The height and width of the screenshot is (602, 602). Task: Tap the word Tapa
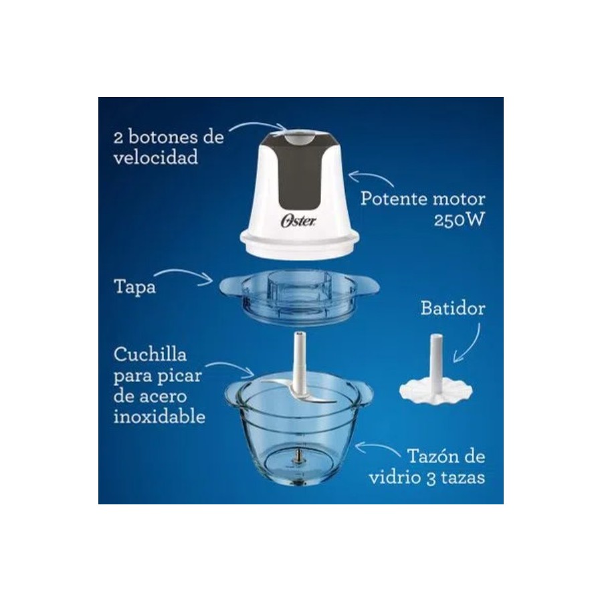click(x=134, y=287)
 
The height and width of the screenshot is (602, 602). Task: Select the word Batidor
click(x=453, y=308)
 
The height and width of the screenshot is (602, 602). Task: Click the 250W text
click(x=459, y=220)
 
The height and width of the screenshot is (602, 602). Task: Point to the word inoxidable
click(x=159, y=416)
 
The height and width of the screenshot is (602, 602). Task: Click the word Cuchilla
click(x=150, y=354)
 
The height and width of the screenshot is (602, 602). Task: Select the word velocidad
click(x=155, y=157)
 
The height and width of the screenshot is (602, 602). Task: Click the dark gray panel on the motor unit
click(x=297, y=173)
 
